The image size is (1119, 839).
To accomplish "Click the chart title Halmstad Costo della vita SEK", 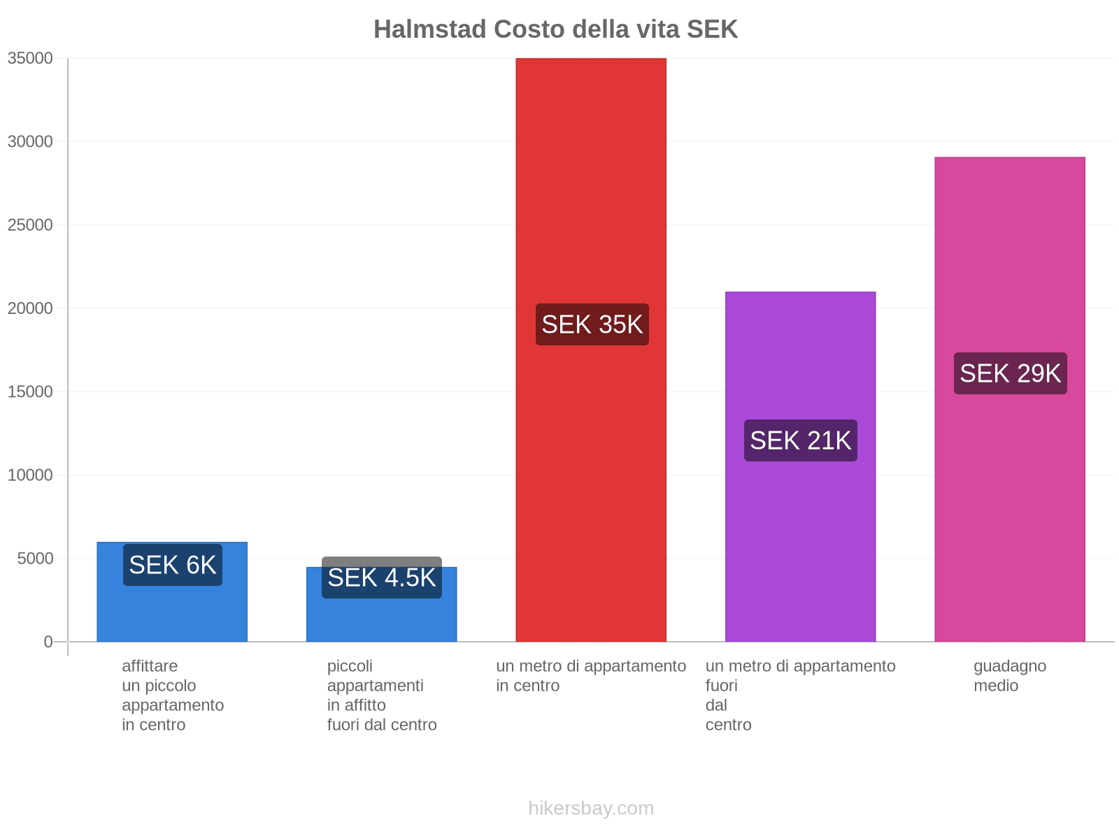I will point(555,29).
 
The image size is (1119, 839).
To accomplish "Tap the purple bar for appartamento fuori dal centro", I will point(800,531).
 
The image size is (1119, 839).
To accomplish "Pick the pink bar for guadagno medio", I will point(1009,503).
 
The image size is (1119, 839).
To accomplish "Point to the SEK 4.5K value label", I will point(381,578).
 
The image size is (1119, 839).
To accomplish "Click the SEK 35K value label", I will point(592,324).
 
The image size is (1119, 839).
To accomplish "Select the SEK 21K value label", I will point(800,440).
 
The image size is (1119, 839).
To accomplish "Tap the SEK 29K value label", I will point(1010,373).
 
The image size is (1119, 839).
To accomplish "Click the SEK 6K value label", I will point(172,565).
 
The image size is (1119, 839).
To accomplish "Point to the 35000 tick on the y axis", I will point(30,58).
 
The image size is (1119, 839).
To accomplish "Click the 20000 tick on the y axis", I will point(30,308).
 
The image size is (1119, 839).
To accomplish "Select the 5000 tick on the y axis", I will point(34,559).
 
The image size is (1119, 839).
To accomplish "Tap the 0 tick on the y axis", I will point(48,642).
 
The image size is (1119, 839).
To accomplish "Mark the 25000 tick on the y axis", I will point(30,225).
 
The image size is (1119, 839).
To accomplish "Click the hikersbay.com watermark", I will point(591,808).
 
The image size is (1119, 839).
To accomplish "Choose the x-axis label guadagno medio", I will point(1009,675).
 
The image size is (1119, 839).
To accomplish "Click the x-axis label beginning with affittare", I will point(172,695).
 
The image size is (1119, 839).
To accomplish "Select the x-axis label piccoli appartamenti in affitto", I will point(381,695).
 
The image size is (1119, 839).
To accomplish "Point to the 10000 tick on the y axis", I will point(30,475).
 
